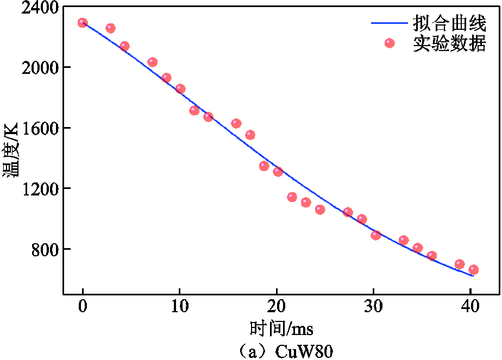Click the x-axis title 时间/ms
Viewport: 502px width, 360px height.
[x=281, y=329]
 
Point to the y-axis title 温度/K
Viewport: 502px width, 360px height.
[x=10, y=150]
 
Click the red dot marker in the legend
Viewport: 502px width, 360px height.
[x=390, y=43]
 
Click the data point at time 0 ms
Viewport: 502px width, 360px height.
[x=83, y=23]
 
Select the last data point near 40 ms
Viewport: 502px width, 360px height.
[x=473, y=269]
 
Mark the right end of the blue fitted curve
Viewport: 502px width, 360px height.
[x=474, y=276]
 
